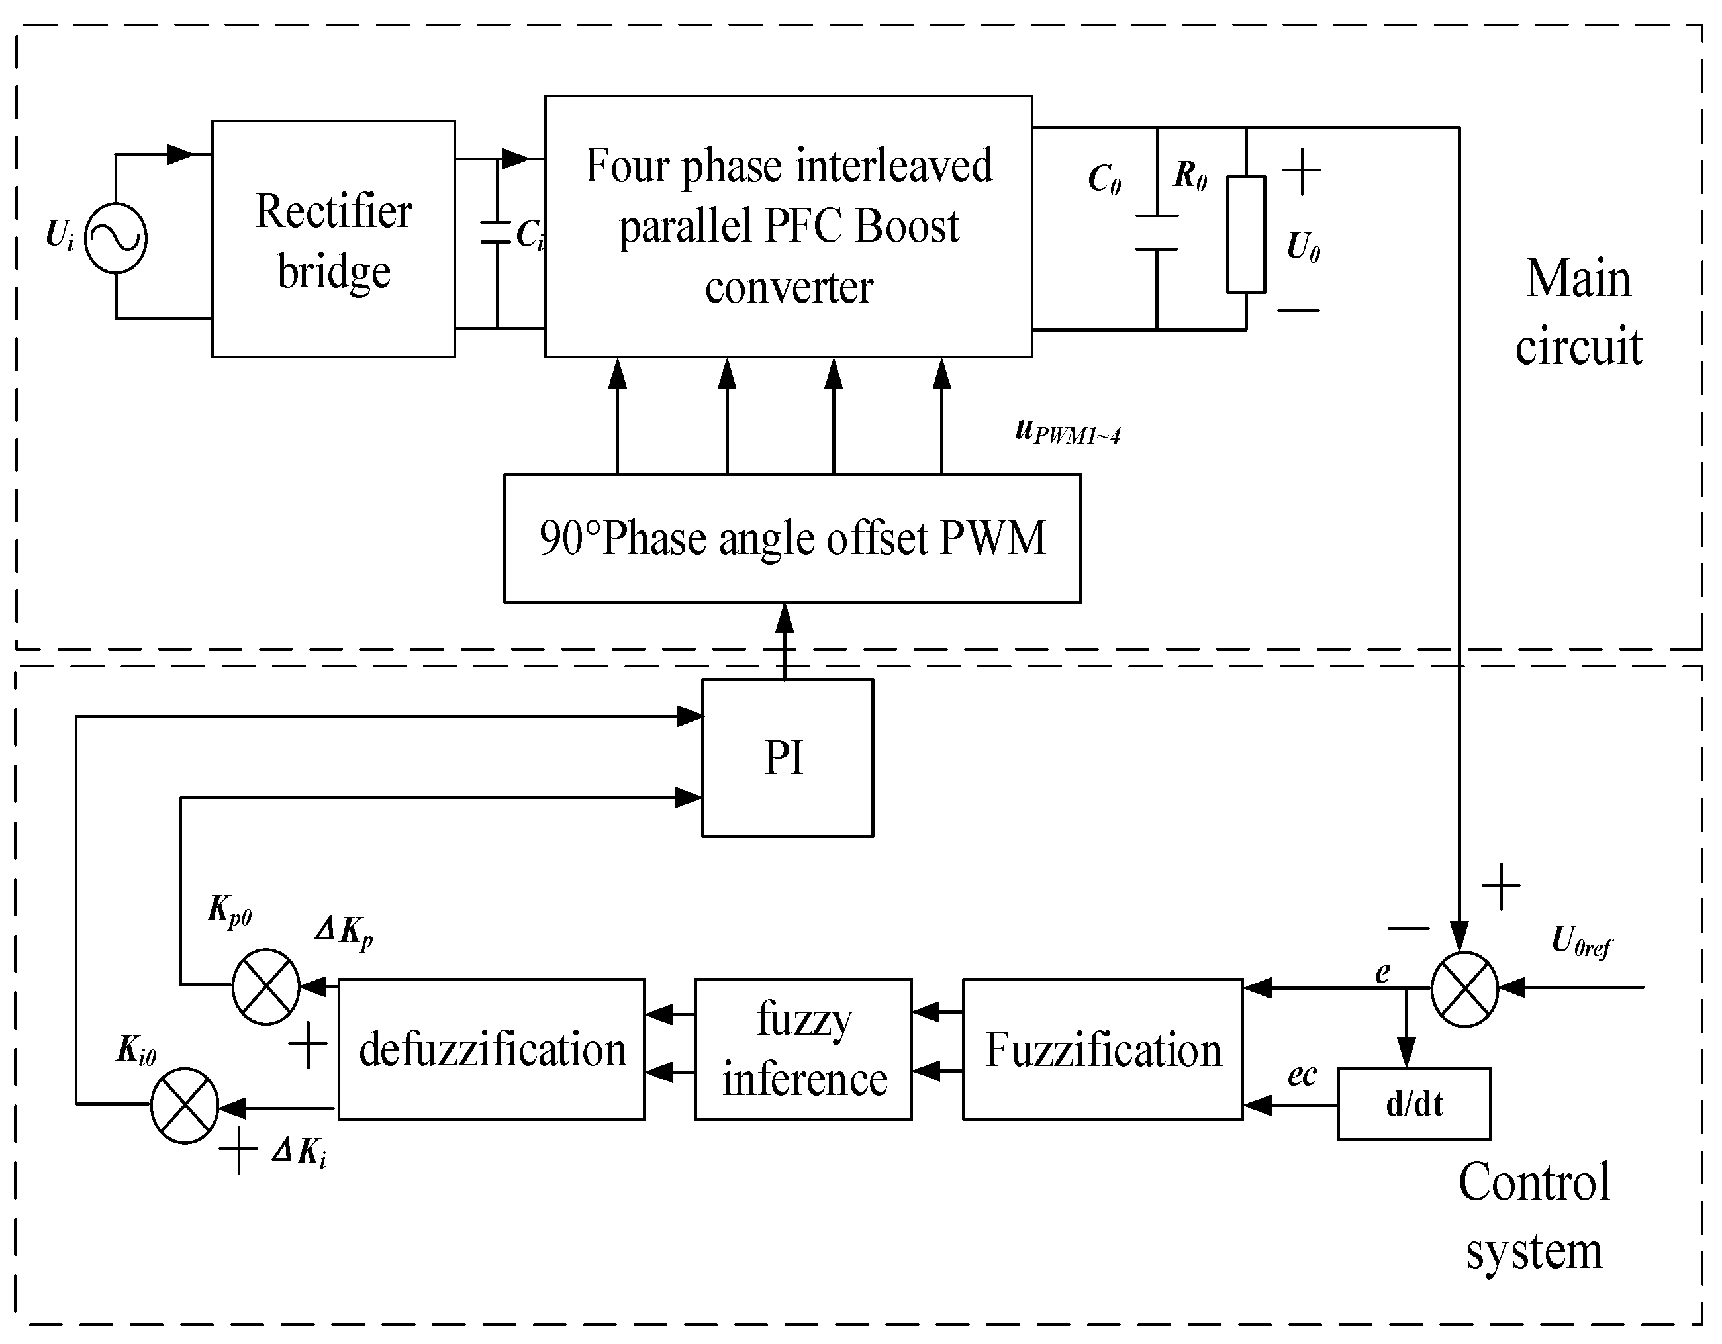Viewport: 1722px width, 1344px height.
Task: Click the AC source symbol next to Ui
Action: [x=115, y=238]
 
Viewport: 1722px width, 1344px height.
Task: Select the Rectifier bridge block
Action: [x=333, y=239]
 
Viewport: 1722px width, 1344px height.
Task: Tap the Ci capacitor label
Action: [x=529, y=234]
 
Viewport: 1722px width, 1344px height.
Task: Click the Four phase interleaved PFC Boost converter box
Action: [x=788, y=226]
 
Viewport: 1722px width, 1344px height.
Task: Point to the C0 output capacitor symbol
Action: [x=1156, y=232]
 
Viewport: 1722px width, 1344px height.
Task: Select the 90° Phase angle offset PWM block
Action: [x=792, y=538]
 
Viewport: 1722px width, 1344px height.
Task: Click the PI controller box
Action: [x=787, y=757]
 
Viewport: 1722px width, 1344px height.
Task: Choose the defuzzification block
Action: [x=491, y=1049]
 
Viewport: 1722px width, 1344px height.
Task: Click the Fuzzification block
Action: [x=1102, y=1049]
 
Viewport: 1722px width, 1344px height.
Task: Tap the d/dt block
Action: [x=1413, y=1104]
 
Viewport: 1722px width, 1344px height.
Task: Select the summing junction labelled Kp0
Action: [x=265, y=986]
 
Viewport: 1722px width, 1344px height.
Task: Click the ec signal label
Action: [x=1302, y=1075]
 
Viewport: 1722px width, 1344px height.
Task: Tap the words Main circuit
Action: [x=1578, y=312]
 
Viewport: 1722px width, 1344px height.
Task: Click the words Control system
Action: [x=1533, y=1216]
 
